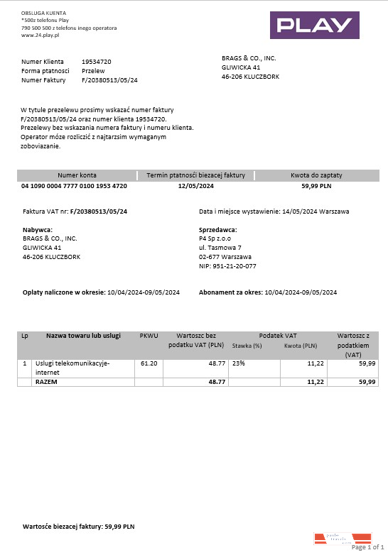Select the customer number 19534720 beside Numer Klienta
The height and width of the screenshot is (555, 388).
(96, 62)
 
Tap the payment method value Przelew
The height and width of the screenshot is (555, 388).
(94, 71)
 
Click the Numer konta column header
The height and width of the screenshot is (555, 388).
(77, 175)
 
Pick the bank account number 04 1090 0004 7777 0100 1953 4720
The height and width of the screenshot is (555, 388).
(75, 185)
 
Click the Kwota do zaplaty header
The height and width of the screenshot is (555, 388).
(317, 175)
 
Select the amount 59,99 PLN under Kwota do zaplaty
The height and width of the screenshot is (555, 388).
(317, 185)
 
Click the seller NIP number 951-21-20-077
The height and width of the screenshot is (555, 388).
(227, 266)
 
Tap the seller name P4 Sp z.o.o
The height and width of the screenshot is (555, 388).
(216, 238)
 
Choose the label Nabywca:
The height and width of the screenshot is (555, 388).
(38, 229)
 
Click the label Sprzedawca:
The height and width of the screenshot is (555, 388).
(217, 229)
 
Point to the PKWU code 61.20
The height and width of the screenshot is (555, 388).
(149, 363)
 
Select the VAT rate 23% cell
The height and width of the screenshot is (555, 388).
(237, 363)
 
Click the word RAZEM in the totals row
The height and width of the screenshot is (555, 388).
(46, 382)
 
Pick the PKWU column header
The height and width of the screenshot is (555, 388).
(149, 335)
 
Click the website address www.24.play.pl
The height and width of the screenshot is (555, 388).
(40, 35)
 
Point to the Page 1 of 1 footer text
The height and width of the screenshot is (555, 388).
(367, 547)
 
